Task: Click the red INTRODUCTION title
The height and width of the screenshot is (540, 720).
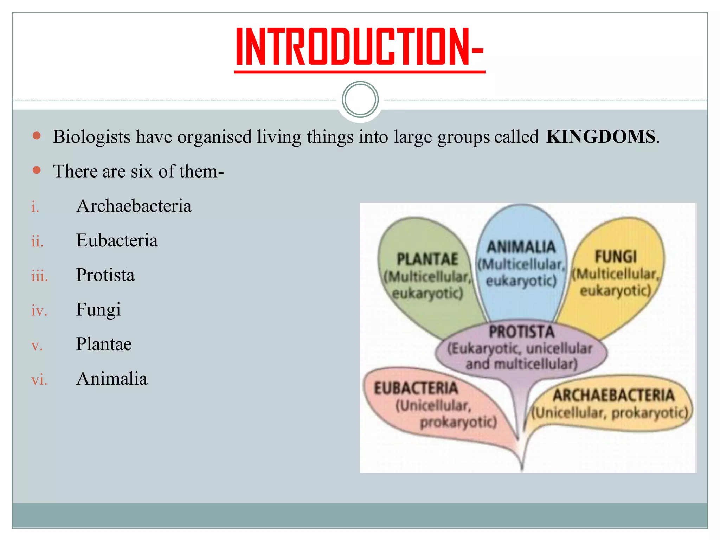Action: [359, 47]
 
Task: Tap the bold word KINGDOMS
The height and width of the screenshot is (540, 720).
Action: [601, 137]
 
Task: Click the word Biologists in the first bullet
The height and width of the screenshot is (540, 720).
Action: [91, 137]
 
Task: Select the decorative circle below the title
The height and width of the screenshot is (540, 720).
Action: [360, 99]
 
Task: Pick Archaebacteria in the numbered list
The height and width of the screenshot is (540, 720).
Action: [134, 206]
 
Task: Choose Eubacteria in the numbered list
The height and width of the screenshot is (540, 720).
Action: [117, 240]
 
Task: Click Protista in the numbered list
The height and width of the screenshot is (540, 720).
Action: [105, 275]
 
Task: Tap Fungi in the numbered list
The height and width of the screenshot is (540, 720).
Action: [98, 310]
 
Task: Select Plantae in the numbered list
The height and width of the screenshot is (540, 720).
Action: [104, 344]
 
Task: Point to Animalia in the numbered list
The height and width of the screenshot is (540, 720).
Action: [112, 379]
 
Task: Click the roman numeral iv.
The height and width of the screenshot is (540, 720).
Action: [39, 311]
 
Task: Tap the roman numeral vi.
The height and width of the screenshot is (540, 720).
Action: [39, 380]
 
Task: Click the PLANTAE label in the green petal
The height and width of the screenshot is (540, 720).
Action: [427, 259]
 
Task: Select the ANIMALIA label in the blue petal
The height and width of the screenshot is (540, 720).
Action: [521, 247]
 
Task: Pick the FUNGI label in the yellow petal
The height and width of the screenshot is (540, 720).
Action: [616, 257]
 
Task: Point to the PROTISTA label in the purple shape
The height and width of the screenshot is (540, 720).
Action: [521, 332]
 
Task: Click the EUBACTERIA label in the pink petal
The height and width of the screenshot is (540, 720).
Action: [416, 388]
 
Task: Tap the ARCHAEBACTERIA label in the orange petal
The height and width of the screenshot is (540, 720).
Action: [613, 396]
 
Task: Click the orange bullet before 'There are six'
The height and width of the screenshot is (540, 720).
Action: [37, 171]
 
